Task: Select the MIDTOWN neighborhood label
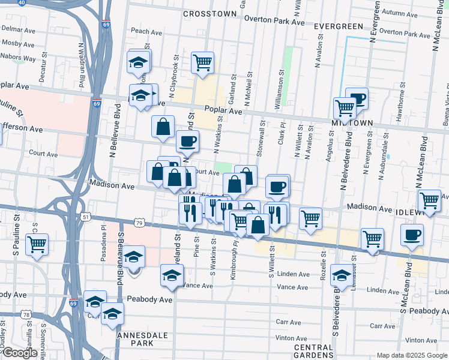point(352,122)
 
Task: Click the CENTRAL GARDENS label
point(313,352)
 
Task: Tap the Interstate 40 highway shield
point(22,2)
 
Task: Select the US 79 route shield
point(139,223)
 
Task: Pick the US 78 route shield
point(25,314)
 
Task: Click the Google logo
point(20,353)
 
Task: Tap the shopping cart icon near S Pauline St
point(37,245)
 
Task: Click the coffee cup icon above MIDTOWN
point(358,98)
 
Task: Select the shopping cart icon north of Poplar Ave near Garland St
point(203,62)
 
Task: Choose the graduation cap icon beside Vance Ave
point(172,275)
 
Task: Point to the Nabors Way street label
point(20,59)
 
